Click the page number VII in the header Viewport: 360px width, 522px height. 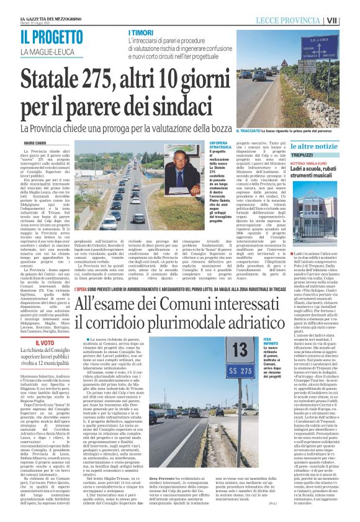point(349,20)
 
